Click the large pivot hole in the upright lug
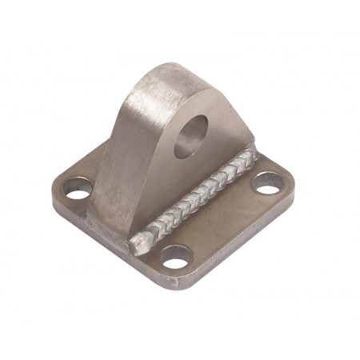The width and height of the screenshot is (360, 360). pos(192,133)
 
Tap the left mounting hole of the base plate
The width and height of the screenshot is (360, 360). pos(78,191)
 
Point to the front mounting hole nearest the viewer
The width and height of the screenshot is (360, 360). pos(175,258)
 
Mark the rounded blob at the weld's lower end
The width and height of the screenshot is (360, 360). pos(144,238)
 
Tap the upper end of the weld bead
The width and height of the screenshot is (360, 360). pos(251,152)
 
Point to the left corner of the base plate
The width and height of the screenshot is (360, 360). pos(54,196)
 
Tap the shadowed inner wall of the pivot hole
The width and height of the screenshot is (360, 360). pos(186,138)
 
